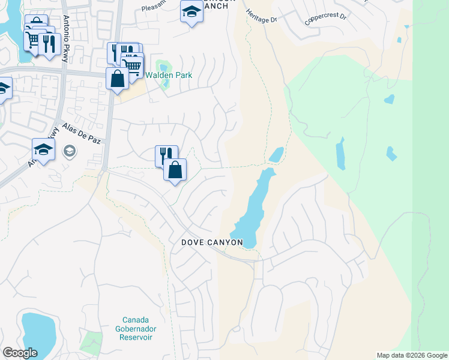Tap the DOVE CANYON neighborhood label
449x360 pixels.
coord(212,242)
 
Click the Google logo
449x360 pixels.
coord(20,353)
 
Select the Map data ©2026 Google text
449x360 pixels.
coord(411,355)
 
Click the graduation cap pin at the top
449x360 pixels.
coord(191,11)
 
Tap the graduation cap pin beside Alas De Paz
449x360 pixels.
coord(43,149)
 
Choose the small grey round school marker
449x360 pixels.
coord(70,151)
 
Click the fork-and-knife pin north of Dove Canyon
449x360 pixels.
coord(166,155)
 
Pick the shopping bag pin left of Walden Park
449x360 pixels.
coord(117,79)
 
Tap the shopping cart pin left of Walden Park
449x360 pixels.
coord(133,64)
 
